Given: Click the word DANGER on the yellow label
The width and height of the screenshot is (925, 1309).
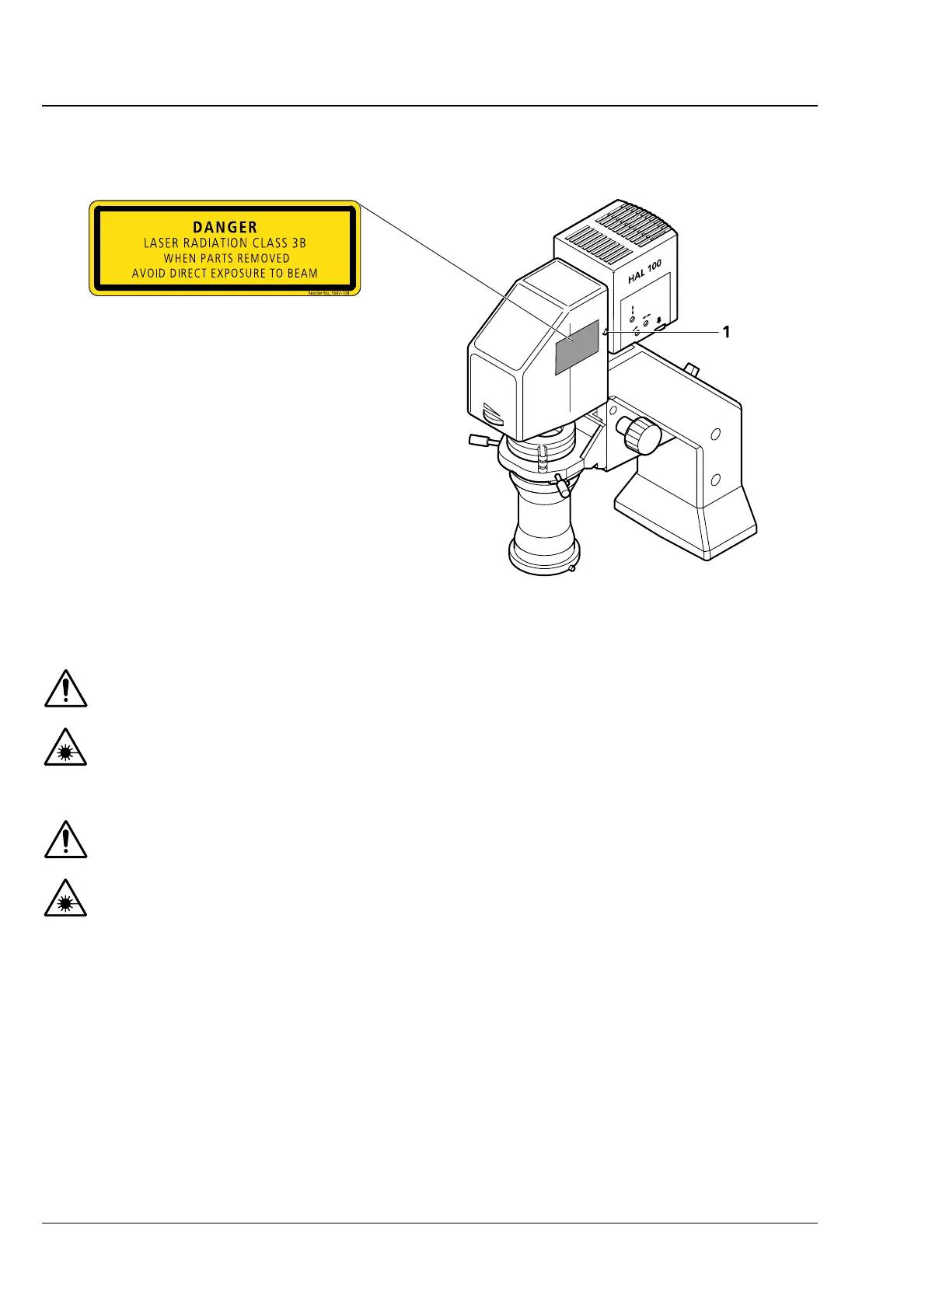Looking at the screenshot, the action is tap(225, 227).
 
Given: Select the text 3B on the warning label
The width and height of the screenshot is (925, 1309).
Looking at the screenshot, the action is tap(298, 243).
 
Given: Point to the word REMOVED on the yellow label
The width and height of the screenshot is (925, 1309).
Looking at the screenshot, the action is tap(263, 258).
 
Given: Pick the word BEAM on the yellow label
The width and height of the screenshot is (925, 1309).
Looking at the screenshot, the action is tap(302, 273).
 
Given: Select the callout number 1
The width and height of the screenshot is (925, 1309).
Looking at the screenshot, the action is tap(726, 332).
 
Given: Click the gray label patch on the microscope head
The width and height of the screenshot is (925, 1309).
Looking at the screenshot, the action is tap(576, 347).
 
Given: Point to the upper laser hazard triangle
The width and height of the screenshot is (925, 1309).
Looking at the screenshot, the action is tap(65, 749).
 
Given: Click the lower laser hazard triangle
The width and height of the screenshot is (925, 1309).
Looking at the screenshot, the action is tap(65, 899).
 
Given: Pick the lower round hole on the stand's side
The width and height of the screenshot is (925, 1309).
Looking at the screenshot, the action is tap(716, 479).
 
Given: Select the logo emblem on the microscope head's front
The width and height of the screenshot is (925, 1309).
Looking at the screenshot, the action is tap(492, 414).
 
